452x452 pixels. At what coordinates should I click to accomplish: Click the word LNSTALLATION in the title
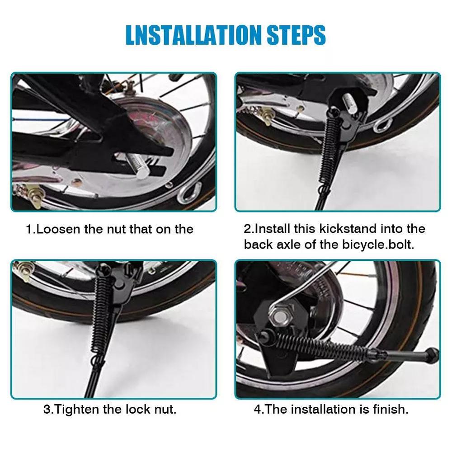193,35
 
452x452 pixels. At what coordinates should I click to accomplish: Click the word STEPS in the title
297,35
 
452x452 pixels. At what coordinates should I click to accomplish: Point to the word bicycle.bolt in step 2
378,245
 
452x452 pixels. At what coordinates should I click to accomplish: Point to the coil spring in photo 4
322,345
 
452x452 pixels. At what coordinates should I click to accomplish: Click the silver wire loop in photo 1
189,192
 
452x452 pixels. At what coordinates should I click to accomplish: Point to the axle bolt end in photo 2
349,101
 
